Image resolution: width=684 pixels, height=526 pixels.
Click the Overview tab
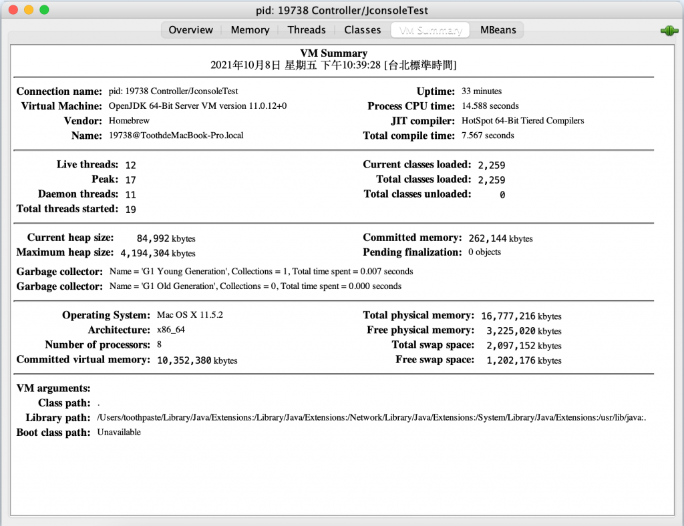[x=190, y=30]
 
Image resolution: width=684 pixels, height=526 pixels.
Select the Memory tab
[x=250, y=30]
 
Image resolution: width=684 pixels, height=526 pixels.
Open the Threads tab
[x=307, y=30]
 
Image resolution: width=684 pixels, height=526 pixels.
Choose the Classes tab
[x=363, y=30]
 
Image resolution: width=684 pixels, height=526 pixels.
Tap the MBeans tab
[x=498, y=30]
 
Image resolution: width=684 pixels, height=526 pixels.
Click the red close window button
[x=13, y=10]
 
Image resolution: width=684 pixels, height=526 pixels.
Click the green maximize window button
[x=44, y=10]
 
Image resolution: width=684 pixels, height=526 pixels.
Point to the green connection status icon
[x=669, y=31]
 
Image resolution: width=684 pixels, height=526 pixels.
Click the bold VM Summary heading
[x=333, y=53]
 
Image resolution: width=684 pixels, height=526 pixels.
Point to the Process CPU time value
[x=490, y=106]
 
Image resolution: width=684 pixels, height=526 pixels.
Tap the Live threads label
[x=88, y=165]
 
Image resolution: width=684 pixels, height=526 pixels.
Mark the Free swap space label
[x=435, y=360]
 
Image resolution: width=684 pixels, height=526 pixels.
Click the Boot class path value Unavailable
[x=119, y=433]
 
